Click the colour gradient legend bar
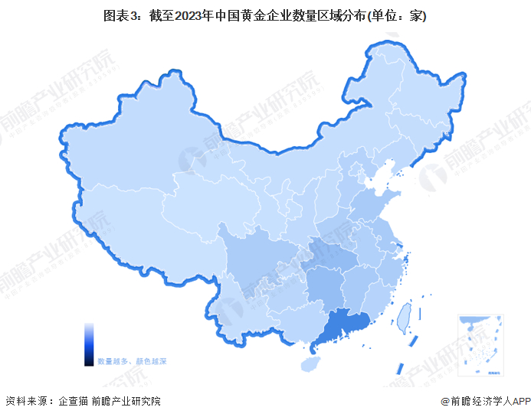point(89,344)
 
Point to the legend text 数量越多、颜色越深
point(132,360)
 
